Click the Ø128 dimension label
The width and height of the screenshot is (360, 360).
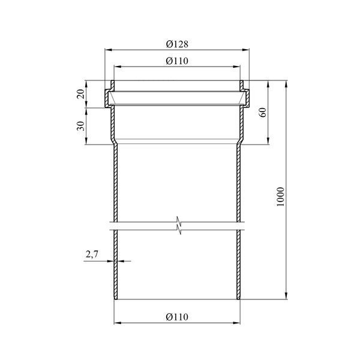tap(177, 44)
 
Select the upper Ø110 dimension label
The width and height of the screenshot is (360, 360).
tap(177, 61)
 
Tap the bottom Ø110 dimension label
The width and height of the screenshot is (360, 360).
tap(177, 317)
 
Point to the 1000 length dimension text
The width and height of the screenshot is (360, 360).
tap(280, 197)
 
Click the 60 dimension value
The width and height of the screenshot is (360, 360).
tap(263, 112)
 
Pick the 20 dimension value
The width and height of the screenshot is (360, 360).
tap(81, 94)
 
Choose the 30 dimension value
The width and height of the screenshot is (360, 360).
tap(81, 126)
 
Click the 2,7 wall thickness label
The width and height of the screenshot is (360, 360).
tap(92, 254)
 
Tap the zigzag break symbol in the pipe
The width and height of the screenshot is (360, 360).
tap(179, 225)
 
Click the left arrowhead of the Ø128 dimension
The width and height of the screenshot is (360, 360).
tap(109, 50)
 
